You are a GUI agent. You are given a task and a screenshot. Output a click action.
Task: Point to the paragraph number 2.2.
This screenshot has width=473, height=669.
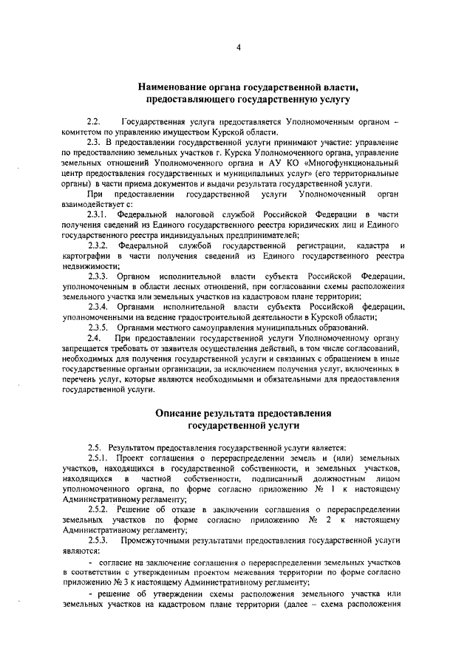[x=94, y=120]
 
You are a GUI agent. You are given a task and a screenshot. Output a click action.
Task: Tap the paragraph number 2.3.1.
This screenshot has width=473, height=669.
[x=99, y=213]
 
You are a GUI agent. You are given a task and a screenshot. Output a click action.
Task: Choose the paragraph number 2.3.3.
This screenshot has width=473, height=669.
[x=99, y=276]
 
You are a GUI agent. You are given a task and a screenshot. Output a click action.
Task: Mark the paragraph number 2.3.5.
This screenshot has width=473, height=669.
[x=99, y=327]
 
